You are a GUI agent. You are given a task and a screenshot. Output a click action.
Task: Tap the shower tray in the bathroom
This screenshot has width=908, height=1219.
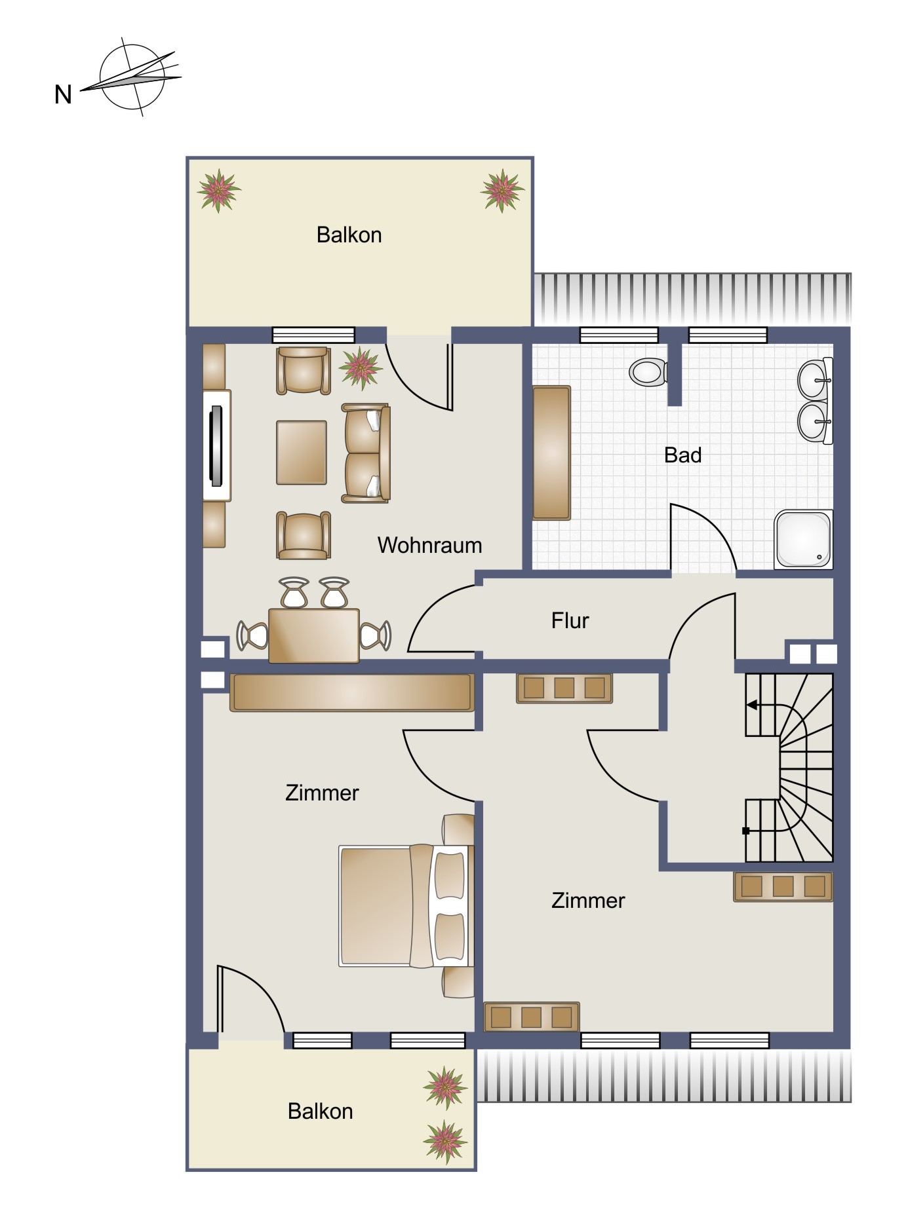[803, 539]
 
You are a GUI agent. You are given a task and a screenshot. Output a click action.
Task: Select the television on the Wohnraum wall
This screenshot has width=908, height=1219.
[216, 445]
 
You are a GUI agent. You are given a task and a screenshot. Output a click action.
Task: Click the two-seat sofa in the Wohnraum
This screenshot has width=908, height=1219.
[366, 453]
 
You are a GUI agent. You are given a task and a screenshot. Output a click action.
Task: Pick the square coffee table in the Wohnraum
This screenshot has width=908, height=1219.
[302, 453]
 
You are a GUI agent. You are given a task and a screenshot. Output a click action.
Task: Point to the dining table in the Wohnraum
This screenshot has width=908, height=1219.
[314, 635]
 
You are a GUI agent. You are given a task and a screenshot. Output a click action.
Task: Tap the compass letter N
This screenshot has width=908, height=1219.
[63, 95]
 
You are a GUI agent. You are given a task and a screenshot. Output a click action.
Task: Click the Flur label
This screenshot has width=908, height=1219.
[570, 620]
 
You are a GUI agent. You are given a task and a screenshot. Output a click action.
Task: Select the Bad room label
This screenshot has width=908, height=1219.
[682, 455]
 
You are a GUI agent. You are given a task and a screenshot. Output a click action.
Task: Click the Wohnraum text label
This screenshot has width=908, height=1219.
[429, 545]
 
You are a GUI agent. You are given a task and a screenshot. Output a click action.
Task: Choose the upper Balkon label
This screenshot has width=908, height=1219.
[349, 234]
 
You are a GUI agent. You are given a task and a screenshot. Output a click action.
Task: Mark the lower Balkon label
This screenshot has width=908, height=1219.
[320, 1111]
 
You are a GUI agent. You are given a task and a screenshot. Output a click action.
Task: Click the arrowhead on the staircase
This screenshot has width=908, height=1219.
[751, 705]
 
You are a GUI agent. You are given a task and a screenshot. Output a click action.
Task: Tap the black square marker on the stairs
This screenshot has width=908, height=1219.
[745, 831]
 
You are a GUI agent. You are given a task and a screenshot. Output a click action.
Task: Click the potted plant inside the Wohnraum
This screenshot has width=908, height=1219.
[361, 368]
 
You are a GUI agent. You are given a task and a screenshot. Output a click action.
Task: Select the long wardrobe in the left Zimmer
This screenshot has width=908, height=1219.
[351, 692]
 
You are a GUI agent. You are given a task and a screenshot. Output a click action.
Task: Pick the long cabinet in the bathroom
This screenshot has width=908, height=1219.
[551, 453]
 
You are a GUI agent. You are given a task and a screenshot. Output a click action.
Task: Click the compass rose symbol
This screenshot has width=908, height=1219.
[131, 77]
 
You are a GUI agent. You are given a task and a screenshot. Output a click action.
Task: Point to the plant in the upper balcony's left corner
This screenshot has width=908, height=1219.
[219, 191]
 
